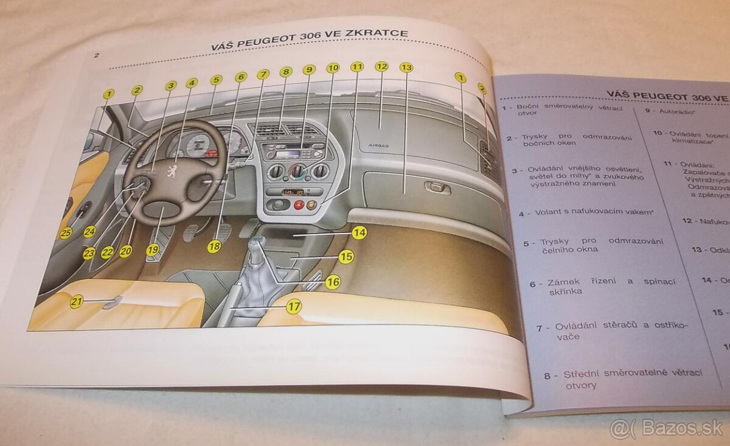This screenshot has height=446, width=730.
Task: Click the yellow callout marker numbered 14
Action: point(359,232)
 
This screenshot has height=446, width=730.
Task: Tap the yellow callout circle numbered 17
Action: point(293,307)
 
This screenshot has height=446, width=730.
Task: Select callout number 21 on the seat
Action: point(76,301)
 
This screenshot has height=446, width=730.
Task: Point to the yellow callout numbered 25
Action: point(66,232)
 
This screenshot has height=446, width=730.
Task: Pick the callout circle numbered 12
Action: point(381,66)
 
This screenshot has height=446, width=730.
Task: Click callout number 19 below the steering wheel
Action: point(151,248)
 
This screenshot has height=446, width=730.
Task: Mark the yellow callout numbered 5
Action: point(216,80)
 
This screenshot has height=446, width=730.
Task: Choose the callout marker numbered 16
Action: point(332,282)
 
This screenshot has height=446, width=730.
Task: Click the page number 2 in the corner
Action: point(96,55)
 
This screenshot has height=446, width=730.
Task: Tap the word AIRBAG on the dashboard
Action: point(377,146)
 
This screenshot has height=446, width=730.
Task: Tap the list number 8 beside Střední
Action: point(547,375)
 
